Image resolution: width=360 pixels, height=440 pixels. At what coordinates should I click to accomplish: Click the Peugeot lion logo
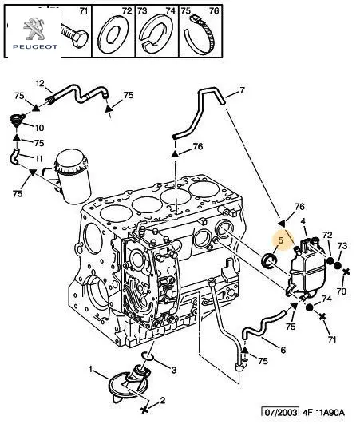[x=34, y=29]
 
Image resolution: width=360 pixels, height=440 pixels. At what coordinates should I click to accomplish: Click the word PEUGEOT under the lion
[x=35, y=46]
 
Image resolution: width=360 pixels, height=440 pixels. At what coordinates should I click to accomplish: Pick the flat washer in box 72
[x=113, y=35]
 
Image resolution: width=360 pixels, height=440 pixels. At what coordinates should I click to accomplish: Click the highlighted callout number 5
[x=281, y=240]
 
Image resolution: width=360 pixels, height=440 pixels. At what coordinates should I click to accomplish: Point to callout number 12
[x=40, y=83]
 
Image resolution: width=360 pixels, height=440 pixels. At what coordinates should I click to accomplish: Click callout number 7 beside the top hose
[x=242, y=90]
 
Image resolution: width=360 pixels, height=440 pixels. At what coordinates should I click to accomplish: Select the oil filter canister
[x=73, y=176]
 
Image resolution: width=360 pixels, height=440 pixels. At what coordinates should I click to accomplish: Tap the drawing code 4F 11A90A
[x=323, y=412]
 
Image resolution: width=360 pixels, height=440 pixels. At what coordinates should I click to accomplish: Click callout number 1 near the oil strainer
[x=90, y=369]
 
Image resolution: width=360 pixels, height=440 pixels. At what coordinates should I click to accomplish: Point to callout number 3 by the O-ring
[x=174, y=370]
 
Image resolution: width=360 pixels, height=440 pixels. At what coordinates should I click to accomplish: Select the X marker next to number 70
[x=346, y=272]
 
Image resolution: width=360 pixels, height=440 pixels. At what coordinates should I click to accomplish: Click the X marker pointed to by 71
[x=322, y=316]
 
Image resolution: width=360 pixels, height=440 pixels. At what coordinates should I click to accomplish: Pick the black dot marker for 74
[x=309, y=307]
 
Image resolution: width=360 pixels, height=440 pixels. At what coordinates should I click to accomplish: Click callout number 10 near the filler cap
[x=40, y=128]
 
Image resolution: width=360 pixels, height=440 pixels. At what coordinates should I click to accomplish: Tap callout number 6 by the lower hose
[x=283, y=350]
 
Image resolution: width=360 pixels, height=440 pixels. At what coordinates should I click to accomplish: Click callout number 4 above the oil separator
[x=303, y=221]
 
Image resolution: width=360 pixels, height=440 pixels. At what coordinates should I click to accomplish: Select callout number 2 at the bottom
[x=163, y=400]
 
